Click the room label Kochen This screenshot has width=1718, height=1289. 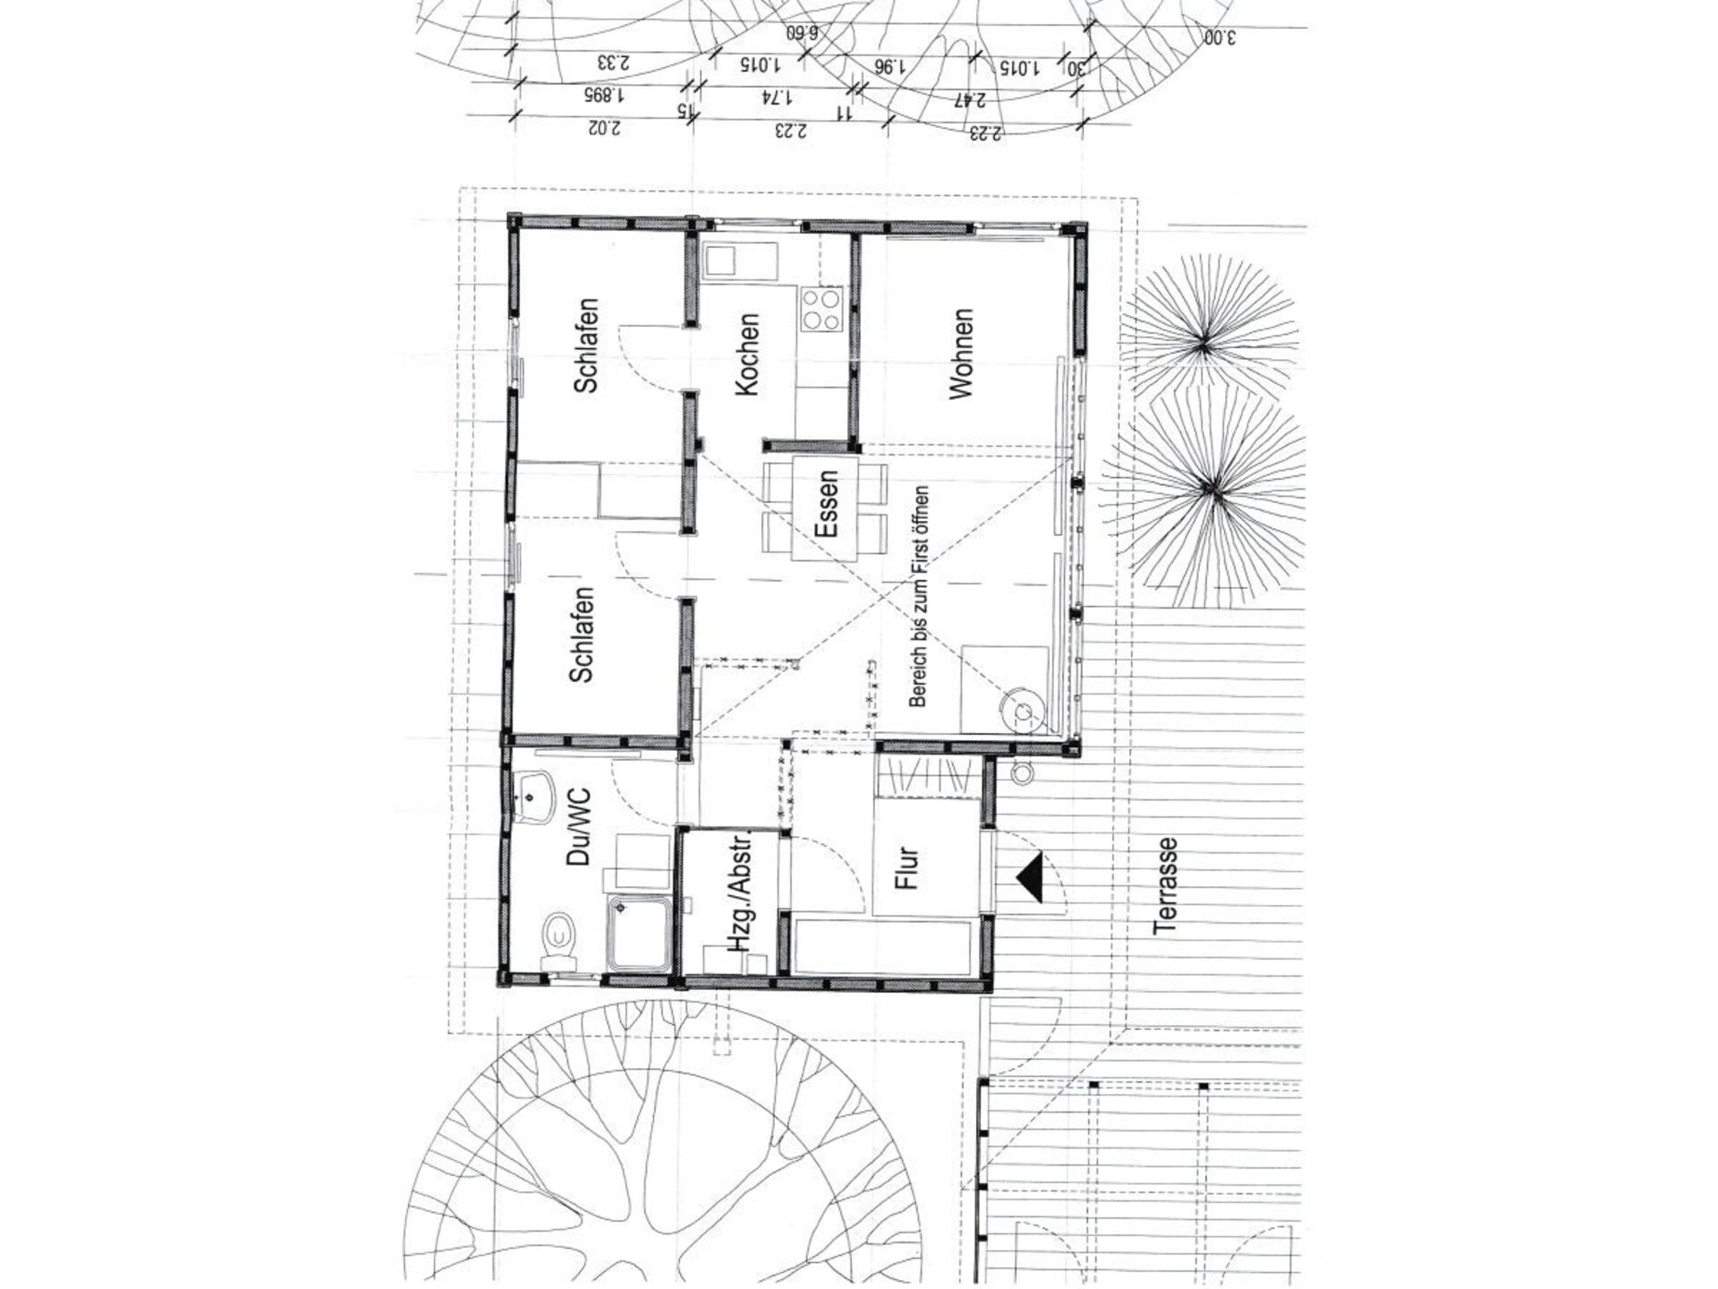746,354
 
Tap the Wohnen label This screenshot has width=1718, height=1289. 960,354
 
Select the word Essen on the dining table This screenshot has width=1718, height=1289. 827,504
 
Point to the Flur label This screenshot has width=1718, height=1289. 907,867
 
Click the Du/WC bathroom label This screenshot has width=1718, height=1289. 579,826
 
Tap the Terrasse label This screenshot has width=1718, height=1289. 1165,886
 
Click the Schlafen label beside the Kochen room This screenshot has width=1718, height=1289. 586,346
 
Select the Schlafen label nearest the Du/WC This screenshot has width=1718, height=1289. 582,635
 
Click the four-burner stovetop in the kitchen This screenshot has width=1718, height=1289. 821,309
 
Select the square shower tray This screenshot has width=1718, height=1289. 639,932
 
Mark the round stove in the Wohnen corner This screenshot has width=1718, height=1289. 1022,712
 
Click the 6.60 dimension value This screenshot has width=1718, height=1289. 802,34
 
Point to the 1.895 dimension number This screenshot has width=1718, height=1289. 604,94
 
